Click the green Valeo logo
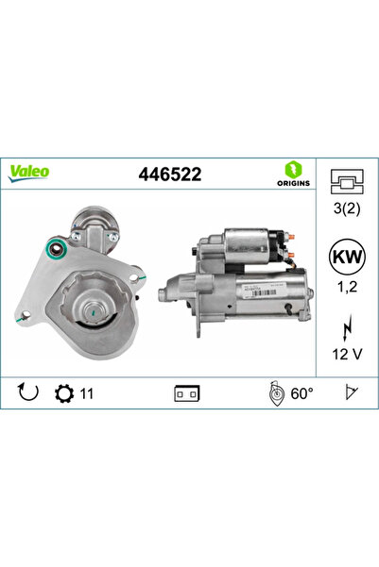pyautogui.click(x=29, y=172)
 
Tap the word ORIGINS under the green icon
pyautogui.click(x=292, y=183)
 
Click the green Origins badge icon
pyautogui.click(x=292, y=168)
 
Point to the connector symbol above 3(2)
pyautogui.click(x=347, y=182)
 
